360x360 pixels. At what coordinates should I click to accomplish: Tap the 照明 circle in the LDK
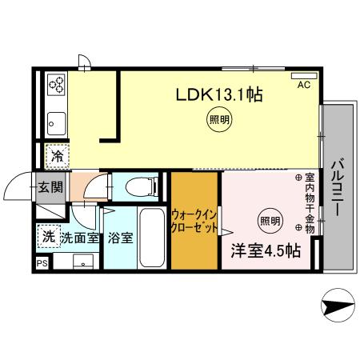coord(218,122)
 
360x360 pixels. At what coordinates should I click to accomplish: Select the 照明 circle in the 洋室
coord(270,220)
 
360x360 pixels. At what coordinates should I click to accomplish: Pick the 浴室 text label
coord(119,238)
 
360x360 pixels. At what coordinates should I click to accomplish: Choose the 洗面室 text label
coord(79,238)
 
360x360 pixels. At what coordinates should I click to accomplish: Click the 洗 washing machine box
coord(48,237)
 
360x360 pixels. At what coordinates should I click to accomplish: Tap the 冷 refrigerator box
coord(58,155)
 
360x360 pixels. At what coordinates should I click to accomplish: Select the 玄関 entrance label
coord(48,188)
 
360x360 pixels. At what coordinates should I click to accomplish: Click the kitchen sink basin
coord(57,122)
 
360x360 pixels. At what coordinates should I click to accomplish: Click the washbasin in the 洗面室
coord(80,262)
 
